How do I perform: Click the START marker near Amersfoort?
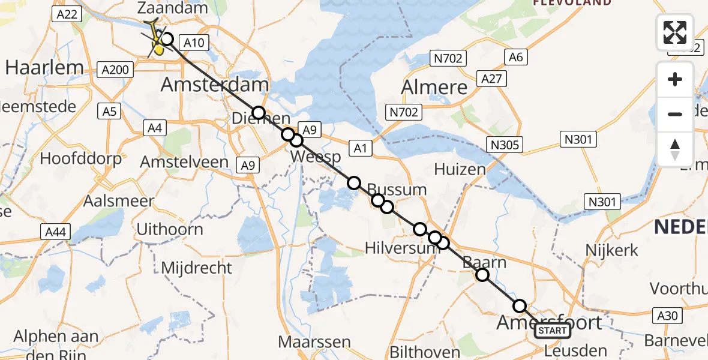(551, 331)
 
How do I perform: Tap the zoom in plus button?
(675, 79)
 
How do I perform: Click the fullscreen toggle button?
(675, 32)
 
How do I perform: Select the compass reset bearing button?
(675, 149)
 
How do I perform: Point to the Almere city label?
(434, 87)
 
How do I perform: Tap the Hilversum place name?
(395, 247)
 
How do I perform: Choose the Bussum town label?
(397, 190)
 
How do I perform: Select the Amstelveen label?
(184, 161)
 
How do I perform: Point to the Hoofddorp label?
(80, 158)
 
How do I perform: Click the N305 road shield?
(505, 145)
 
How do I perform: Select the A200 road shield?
(115, 70)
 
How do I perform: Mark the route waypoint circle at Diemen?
(258, 113)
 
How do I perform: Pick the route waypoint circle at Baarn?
(482, 275)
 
